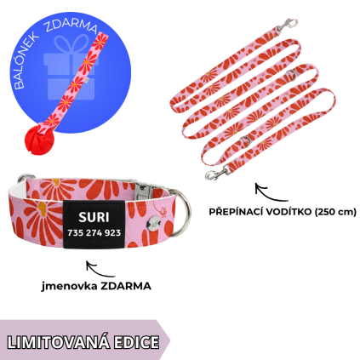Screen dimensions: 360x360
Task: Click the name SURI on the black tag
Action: pyautogui.click(x=94, y=217)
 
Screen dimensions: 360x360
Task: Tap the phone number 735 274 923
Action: pyautogui.click(x=94, y=233)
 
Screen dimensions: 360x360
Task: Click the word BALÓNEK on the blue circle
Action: pyautogui.click(x=26, y=62)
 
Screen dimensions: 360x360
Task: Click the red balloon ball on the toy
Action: pyautogui.click(x=39, y=140)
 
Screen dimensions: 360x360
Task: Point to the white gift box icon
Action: pyautogui.click(x=71, y=67)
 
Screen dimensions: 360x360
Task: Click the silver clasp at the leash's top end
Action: pyautogui.click(x=286, y=25)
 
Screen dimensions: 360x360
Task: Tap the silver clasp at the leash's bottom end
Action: pyautogui.click(x=217, y=173)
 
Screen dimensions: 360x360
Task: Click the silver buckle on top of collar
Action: pyautogui.click(x=144, y=190)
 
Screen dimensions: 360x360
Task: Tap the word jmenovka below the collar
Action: pyautogui.click(x=67, y=286)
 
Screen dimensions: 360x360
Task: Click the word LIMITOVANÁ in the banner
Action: pyautogui.click(x=58, y=342)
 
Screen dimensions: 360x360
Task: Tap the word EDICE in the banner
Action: pyautogui.click(x=136, y=342)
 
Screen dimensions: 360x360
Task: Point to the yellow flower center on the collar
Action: pyautogui.click(x=42, y=209)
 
